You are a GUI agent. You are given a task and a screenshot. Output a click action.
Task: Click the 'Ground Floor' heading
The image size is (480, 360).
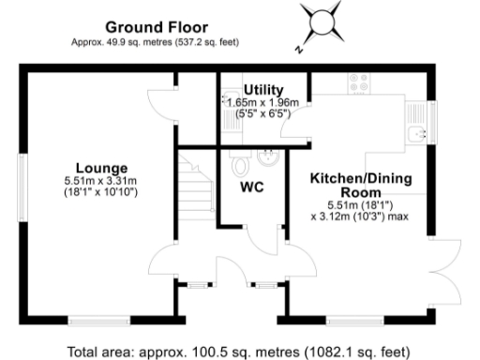[x=157, y=27]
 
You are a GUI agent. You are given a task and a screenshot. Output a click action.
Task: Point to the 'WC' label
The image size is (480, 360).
[x=252, y=187]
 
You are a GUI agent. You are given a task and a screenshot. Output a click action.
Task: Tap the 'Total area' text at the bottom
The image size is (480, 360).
[x=240, y=350]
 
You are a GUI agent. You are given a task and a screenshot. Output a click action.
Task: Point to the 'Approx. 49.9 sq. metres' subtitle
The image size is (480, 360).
[x=157, y=41]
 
